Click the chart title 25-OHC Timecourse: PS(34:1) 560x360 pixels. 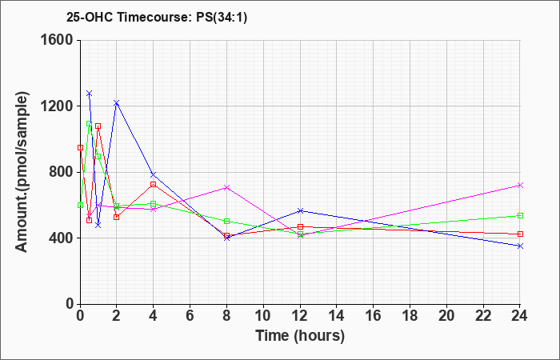coord(157,18)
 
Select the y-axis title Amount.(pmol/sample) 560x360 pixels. coord(22,172)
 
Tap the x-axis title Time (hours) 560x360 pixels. coord(300,336)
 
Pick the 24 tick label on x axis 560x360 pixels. coord(520,315)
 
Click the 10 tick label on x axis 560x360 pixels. coord(263,315)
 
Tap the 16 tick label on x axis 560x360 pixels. coord(374,315)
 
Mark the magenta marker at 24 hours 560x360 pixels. coord(520,186)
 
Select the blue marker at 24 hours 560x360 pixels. coord(520,246)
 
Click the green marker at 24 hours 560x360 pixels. coord(520,216)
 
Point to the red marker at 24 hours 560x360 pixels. coord(520,234)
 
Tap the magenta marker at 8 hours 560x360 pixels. coord(226,187)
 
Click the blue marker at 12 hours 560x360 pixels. coord(300,210)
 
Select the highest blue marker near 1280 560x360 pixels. coord(90,94)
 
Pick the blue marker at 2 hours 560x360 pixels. coord(117,103)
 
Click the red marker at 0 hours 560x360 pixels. coord(80,147)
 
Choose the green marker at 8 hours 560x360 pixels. coord(226,222)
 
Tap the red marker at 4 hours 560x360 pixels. coord(154,184)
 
